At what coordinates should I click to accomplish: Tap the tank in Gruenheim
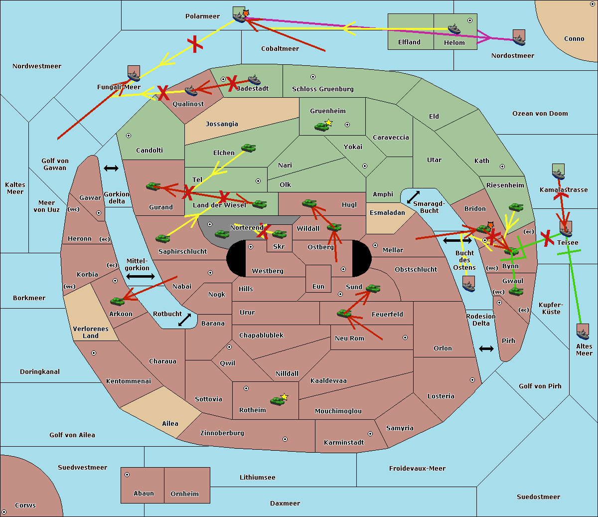click(x=322, y=127)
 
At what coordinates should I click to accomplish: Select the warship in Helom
click(x=454, y=29)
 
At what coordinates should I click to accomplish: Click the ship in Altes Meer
click(x=583, y=332)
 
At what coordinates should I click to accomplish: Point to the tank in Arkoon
click(x=118, y=301)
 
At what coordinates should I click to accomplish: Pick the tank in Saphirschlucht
click(x=162, y=238)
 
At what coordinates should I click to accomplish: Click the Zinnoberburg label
click(x=222, y=433)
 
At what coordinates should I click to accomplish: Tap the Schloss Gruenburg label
click(x=322, y=89)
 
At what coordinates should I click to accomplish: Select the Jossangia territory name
click(x=222, y=124)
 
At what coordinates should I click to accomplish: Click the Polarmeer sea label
click(x=202, y=16)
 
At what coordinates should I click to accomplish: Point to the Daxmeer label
click(x=285, y=504)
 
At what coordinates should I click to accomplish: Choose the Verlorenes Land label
click(x=91, y=333)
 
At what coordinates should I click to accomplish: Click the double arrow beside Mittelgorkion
click(x=141, y=276)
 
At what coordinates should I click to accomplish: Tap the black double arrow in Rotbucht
click(x=184, y=320)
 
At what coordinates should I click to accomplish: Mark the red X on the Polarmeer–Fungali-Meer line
click(x=195, y=44)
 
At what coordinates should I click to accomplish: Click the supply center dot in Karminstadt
click(x=370, y=434)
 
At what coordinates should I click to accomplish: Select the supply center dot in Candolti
click(x=129, y=136)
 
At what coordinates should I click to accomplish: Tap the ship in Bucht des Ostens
click(x=468, y=284)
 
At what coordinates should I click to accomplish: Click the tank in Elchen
click(x=249, y=148)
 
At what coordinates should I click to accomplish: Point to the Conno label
click(x=574, y=39)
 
